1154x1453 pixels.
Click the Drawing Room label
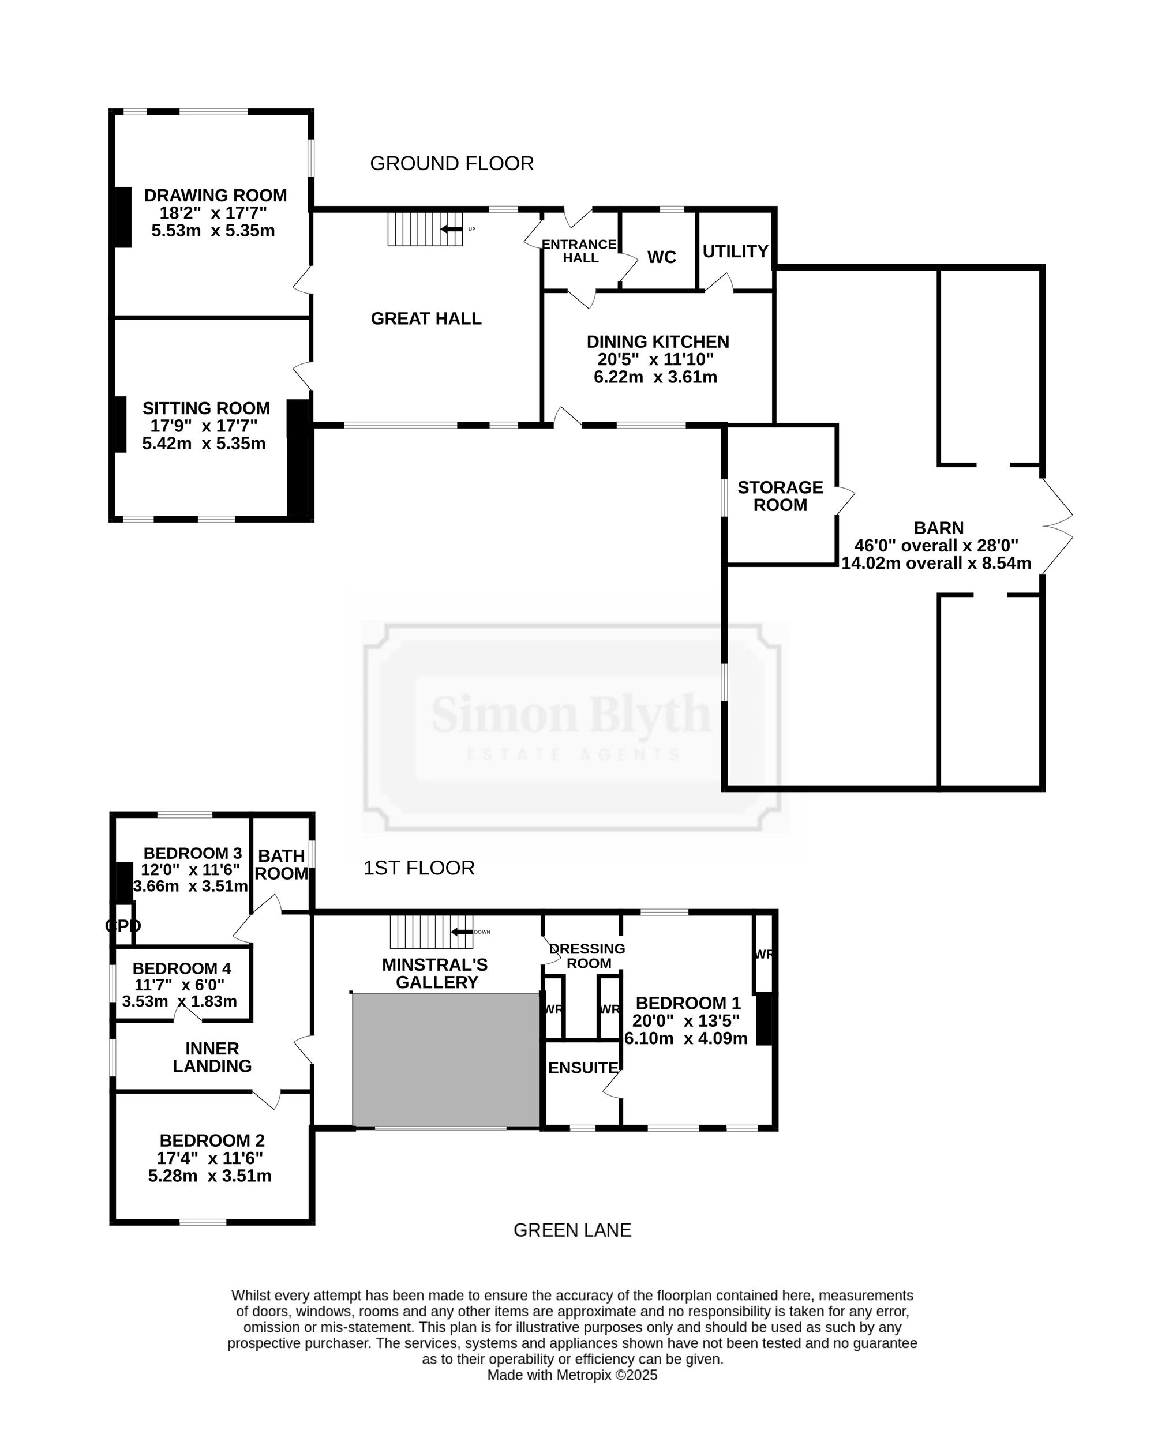click(216, 196)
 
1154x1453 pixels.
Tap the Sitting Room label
click(206, 408)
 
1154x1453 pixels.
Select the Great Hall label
click(426, 319)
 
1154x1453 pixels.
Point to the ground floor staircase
click(425, 229)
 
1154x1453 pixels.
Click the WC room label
click(662, 257)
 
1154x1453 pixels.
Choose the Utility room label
click(736, 251)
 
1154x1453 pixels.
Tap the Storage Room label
click(781, 496)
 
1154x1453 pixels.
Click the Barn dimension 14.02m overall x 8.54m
click(936, 564)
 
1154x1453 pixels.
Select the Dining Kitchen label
click(658, 341)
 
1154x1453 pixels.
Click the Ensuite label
click(583, 1068)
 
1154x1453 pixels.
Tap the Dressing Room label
click(588, 956)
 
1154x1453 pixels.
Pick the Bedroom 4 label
click(182, 968)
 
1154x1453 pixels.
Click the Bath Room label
click(282, 865)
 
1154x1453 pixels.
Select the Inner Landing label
click(212, 1057)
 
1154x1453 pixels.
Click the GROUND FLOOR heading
click(452, 164)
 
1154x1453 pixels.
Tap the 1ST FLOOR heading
click(419, 868)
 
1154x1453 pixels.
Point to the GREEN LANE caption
click(572, 1230)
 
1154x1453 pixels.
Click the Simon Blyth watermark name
click(572, 714)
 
